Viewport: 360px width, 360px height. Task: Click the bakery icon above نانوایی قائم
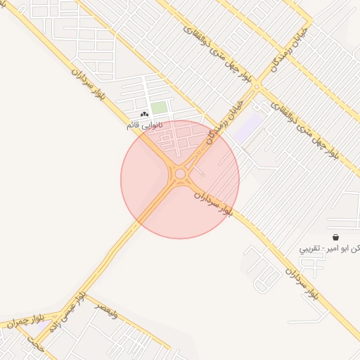[x=145, y=114]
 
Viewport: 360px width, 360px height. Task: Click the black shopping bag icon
[x=334, y=238]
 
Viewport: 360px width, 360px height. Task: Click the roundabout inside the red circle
[x=180, y=174]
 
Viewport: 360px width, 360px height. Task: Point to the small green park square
[x=159, y=108]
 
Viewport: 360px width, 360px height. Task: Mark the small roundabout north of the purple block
[x=257, y=87]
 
